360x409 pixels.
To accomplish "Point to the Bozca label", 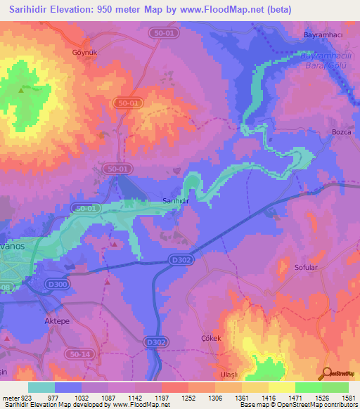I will [x=341, y=132].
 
